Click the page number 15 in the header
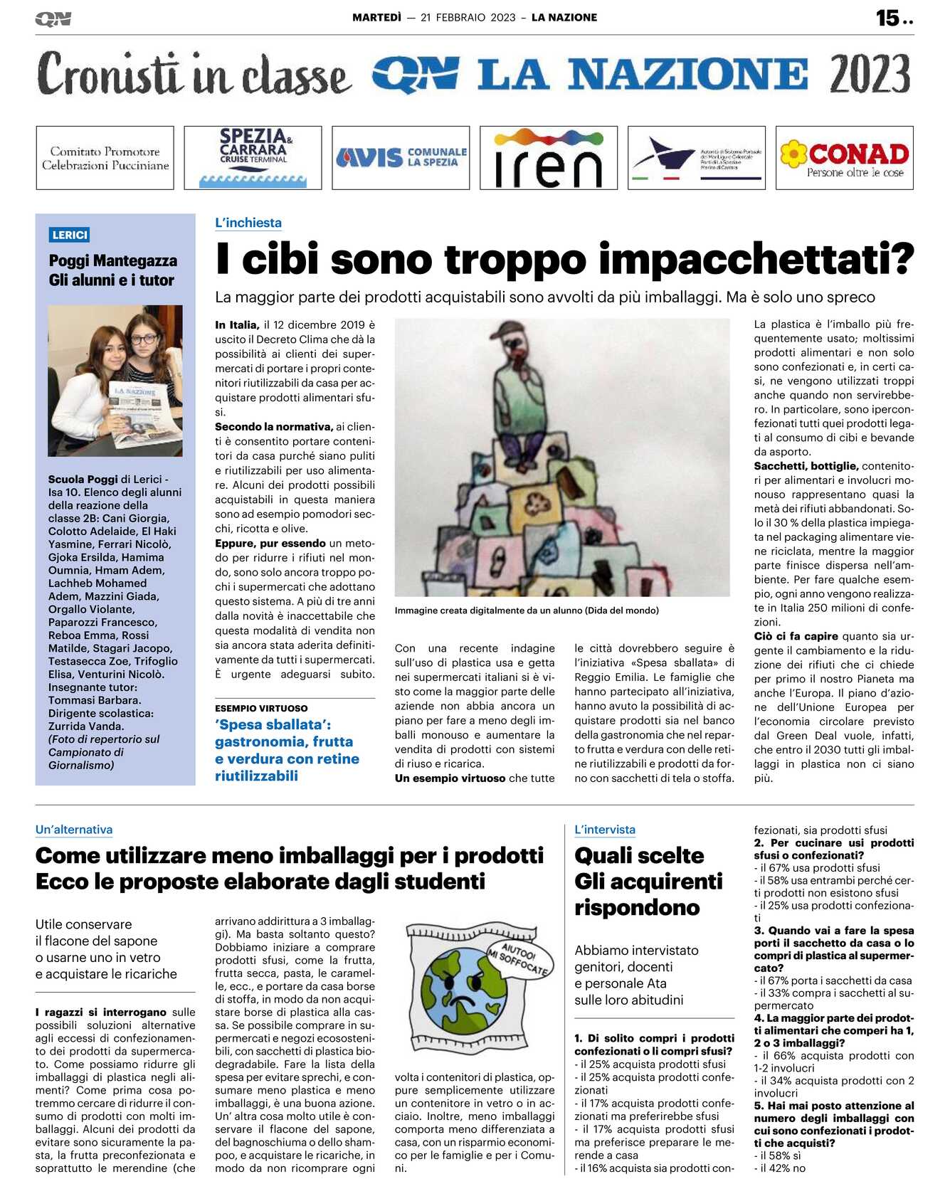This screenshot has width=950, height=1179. click(x=887, y=18)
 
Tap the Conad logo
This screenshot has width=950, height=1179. click(x=845, y=158)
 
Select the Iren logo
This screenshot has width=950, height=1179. click(x=548, y=158)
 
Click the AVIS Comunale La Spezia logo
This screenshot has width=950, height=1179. click(x=401, y=157)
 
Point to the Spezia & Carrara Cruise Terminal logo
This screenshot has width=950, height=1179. click(x=253, y=157)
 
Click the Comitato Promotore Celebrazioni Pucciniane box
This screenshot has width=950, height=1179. click(x=105, y=158)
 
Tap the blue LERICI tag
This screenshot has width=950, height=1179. click(x=70, y=235)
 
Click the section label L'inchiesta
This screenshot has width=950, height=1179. click(x=248, y=223)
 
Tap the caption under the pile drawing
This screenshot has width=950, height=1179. click(x=527, y=610)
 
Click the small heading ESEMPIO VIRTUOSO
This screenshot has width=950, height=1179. click(x=261, y=709)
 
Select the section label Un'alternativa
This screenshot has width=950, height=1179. click(x=74, y=830)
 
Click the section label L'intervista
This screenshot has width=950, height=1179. click(x=605, y=830)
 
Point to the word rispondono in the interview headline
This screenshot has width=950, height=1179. click(x=637, y=908)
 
